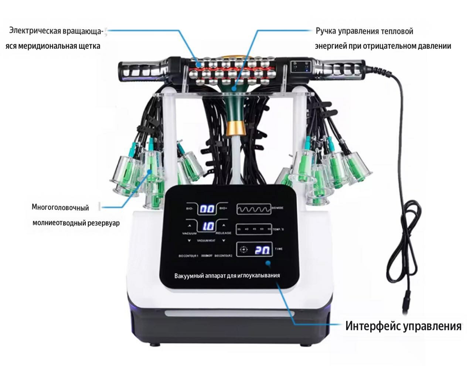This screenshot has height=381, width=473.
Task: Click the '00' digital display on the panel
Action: (x=207, y=209)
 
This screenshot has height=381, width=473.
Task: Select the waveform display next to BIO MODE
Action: (x=254, y=209)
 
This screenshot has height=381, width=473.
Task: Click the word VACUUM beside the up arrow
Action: (x=190, y=233)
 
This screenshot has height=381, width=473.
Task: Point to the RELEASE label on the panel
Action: (x=223, y=233)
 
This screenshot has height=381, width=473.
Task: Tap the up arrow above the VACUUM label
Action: (x=190, y=225)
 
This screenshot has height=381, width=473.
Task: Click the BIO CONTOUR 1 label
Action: (x=188, y=255)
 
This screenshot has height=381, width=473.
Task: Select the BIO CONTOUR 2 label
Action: (x=223, y=255)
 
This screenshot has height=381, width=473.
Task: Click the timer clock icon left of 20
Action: (x=243, y=250)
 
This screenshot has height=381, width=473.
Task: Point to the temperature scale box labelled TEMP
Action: (x=254, y=229)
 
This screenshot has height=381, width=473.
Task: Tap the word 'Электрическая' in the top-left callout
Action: (x=35, y=31)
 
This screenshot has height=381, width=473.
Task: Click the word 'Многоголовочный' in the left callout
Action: (x=60, y=207)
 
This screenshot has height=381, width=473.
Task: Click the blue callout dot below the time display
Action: (x=268, y=264)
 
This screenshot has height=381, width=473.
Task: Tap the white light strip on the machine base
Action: (x=229, y=314)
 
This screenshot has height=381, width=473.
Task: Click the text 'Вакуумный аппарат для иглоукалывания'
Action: (x=227, y=275)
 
